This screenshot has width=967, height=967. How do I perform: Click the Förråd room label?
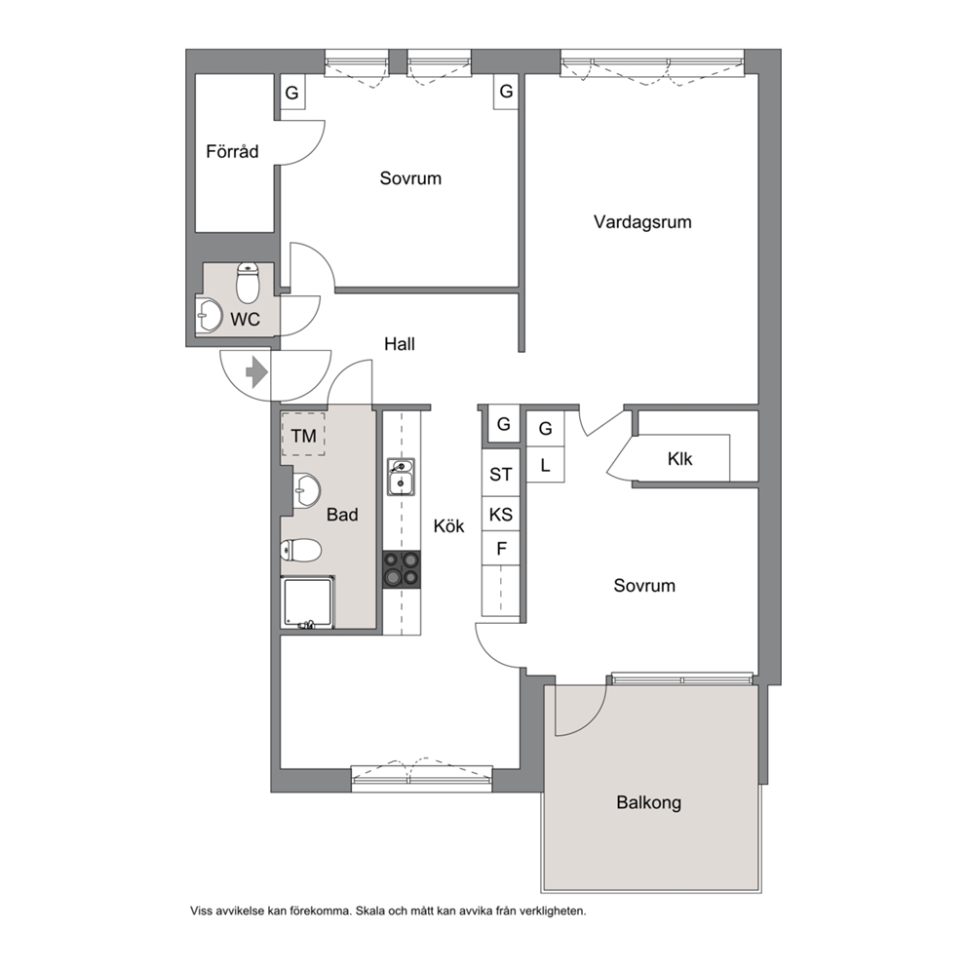(232, 151)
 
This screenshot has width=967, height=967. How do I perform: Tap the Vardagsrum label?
(642, 222)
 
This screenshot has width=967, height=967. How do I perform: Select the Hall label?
(400, 343)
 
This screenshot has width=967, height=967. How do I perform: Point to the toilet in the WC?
(248, 283)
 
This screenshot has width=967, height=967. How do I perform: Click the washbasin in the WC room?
(209, 315)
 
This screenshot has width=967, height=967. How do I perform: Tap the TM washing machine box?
(303, 434)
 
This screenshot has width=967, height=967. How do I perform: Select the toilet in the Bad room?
(300, 550)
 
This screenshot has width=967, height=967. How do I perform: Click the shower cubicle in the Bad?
(308, 602)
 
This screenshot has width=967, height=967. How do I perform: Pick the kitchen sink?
(401, 476)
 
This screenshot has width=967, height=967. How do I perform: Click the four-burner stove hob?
(402, 569)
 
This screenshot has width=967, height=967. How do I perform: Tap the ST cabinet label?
(500, 475)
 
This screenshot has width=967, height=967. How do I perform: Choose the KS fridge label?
(500, 514)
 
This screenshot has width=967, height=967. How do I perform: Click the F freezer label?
(501, 548)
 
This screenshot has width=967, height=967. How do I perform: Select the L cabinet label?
(545, 465)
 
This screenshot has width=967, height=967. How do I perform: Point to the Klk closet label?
(679, 459)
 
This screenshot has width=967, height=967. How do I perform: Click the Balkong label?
(649, 802)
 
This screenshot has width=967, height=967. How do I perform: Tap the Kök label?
(449, 525)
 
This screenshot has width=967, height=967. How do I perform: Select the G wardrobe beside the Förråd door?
(292, 92)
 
